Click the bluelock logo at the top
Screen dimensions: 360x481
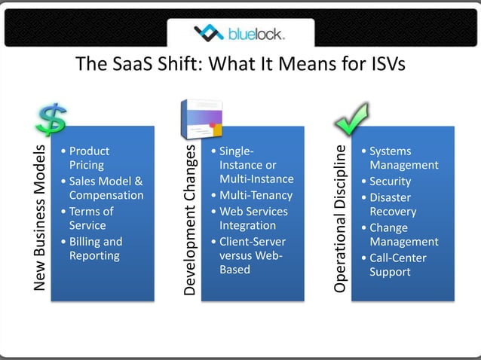[x=240, y=33]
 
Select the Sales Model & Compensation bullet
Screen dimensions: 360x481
[x=105, y=188]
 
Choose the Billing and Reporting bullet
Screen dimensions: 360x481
[x=94, y=249]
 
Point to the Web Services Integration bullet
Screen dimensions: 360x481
[x=253, y=218]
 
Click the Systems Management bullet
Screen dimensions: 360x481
[x=403, y=158]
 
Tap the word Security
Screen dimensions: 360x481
[x=391, y=182]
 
